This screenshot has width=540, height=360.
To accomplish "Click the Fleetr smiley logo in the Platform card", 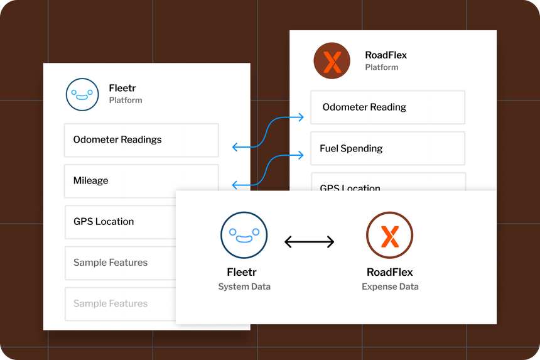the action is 82,94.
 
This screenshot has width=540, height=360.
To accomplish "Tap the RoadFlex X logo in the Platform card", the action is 332,61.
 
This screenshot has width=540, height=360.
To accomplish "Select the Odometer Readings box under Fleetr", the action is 141,140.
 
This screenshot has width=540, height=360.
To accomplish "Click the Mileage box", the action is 141,181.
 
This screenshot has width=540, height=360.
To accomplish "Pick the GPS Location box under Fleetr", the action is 121,222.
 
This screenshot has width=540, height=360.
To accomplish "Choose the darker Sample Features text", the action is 111,263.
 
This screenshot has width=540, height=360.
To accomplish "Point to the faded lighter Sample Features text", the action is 111,303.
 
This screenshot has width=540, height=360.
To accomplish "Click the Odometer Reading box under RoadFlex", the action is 388,107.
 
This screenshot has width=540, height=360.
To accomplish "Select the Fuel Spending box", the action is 388,148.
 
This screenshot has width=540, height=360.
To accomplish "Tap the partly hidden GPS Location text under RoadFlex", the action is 350,187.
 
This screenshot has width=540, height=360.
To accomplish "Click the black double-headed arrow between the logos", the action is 310,242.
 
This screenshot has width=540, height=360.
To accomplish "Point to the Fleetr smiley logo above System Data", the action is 244,236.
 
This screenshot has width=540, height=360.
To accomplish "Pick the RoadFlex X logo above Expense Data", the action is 389,236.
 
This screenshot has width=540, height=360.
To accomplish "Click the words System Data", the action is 244,286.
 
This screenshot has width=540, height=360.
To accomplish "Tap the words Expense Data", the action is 390,286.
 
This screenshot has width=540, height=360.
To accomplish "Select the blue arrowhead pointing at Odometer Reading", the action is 301,117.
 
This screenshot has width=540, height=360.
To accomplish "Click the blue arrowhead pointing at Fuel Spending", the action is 301,155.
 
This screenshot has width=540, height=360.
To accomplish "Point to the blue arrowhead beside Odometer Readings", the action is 235,147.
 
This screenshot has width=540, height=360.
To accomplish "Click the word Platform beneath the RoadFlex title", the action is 382,67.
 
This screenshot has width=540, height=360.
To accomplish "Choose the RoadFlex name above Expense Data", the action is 389,272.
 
